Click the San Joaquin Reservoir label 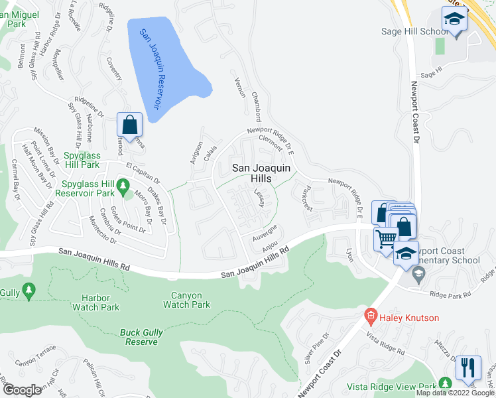150,68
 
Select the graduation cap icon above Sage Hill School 454,18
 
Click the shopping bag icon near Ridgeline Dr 129,124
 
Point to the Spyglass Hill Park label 91,160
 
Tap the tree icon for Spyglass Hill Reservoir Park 123,188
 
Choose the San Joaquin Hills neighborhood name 261,174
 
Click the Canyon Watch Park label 181,300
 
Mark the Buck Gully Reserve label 140,337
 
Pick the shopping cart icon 386,238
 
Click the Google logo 22,390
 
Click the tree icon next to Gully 28,290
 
